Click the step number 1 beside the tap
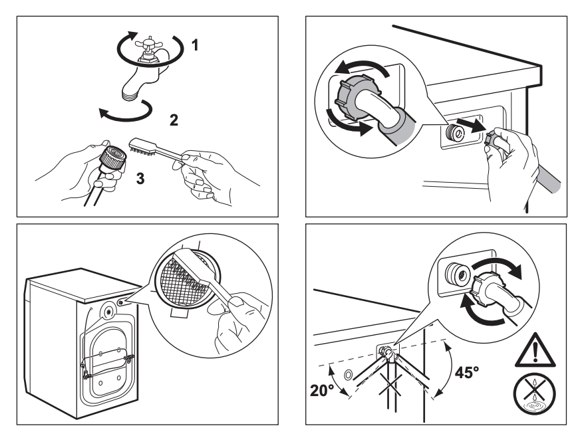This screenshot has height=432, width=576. [x=195, y=46]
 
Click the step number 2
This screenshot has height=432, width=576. [x=174, y=120]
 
